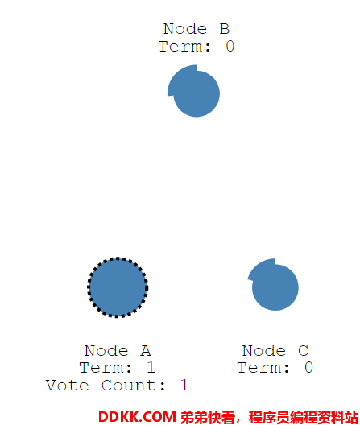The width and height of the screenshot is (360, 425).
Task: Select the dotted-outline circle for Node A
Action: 118,287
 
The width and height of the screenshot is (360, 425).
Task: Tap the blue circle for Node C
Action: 274,285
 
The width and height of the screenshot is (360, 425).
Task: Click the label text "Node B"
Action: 197,29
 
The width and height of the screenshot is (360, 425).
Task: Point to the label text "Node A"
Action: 118,351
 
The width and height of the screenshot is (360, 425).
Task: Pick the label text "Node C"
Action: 275,351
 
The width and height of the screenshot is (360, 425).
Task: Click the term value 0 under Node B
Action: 230,46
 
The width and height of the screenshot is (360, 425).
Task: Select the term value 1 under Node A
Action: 151,368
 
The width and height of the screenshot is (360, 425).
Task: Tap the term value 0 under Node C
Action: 308,368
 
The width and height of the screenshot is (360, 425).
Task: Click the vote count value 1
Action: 184,385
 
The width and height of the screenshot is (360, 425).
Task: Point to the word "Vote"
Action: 68,385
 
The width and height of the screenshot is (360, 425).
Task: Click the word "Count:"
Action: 134,385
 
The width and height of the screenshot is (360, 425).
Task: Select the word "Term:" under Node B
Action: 184,46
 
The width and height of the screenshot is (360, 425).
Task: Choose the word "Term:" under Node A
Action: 106,368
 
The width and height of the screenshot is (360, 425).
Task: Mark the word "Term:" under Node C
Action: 263,368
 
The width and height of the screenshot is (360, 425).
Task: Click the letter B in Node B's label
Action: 225,29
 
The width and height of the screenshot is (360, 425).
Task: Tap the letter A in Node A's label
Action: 146,351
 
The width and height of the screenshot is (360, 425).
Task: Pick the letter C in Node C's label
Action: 304,351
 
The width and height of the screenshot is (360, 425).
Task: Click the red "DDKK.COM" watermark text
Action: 137,417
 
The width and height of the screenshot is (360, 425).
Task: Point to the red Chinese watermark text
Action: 269,418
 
